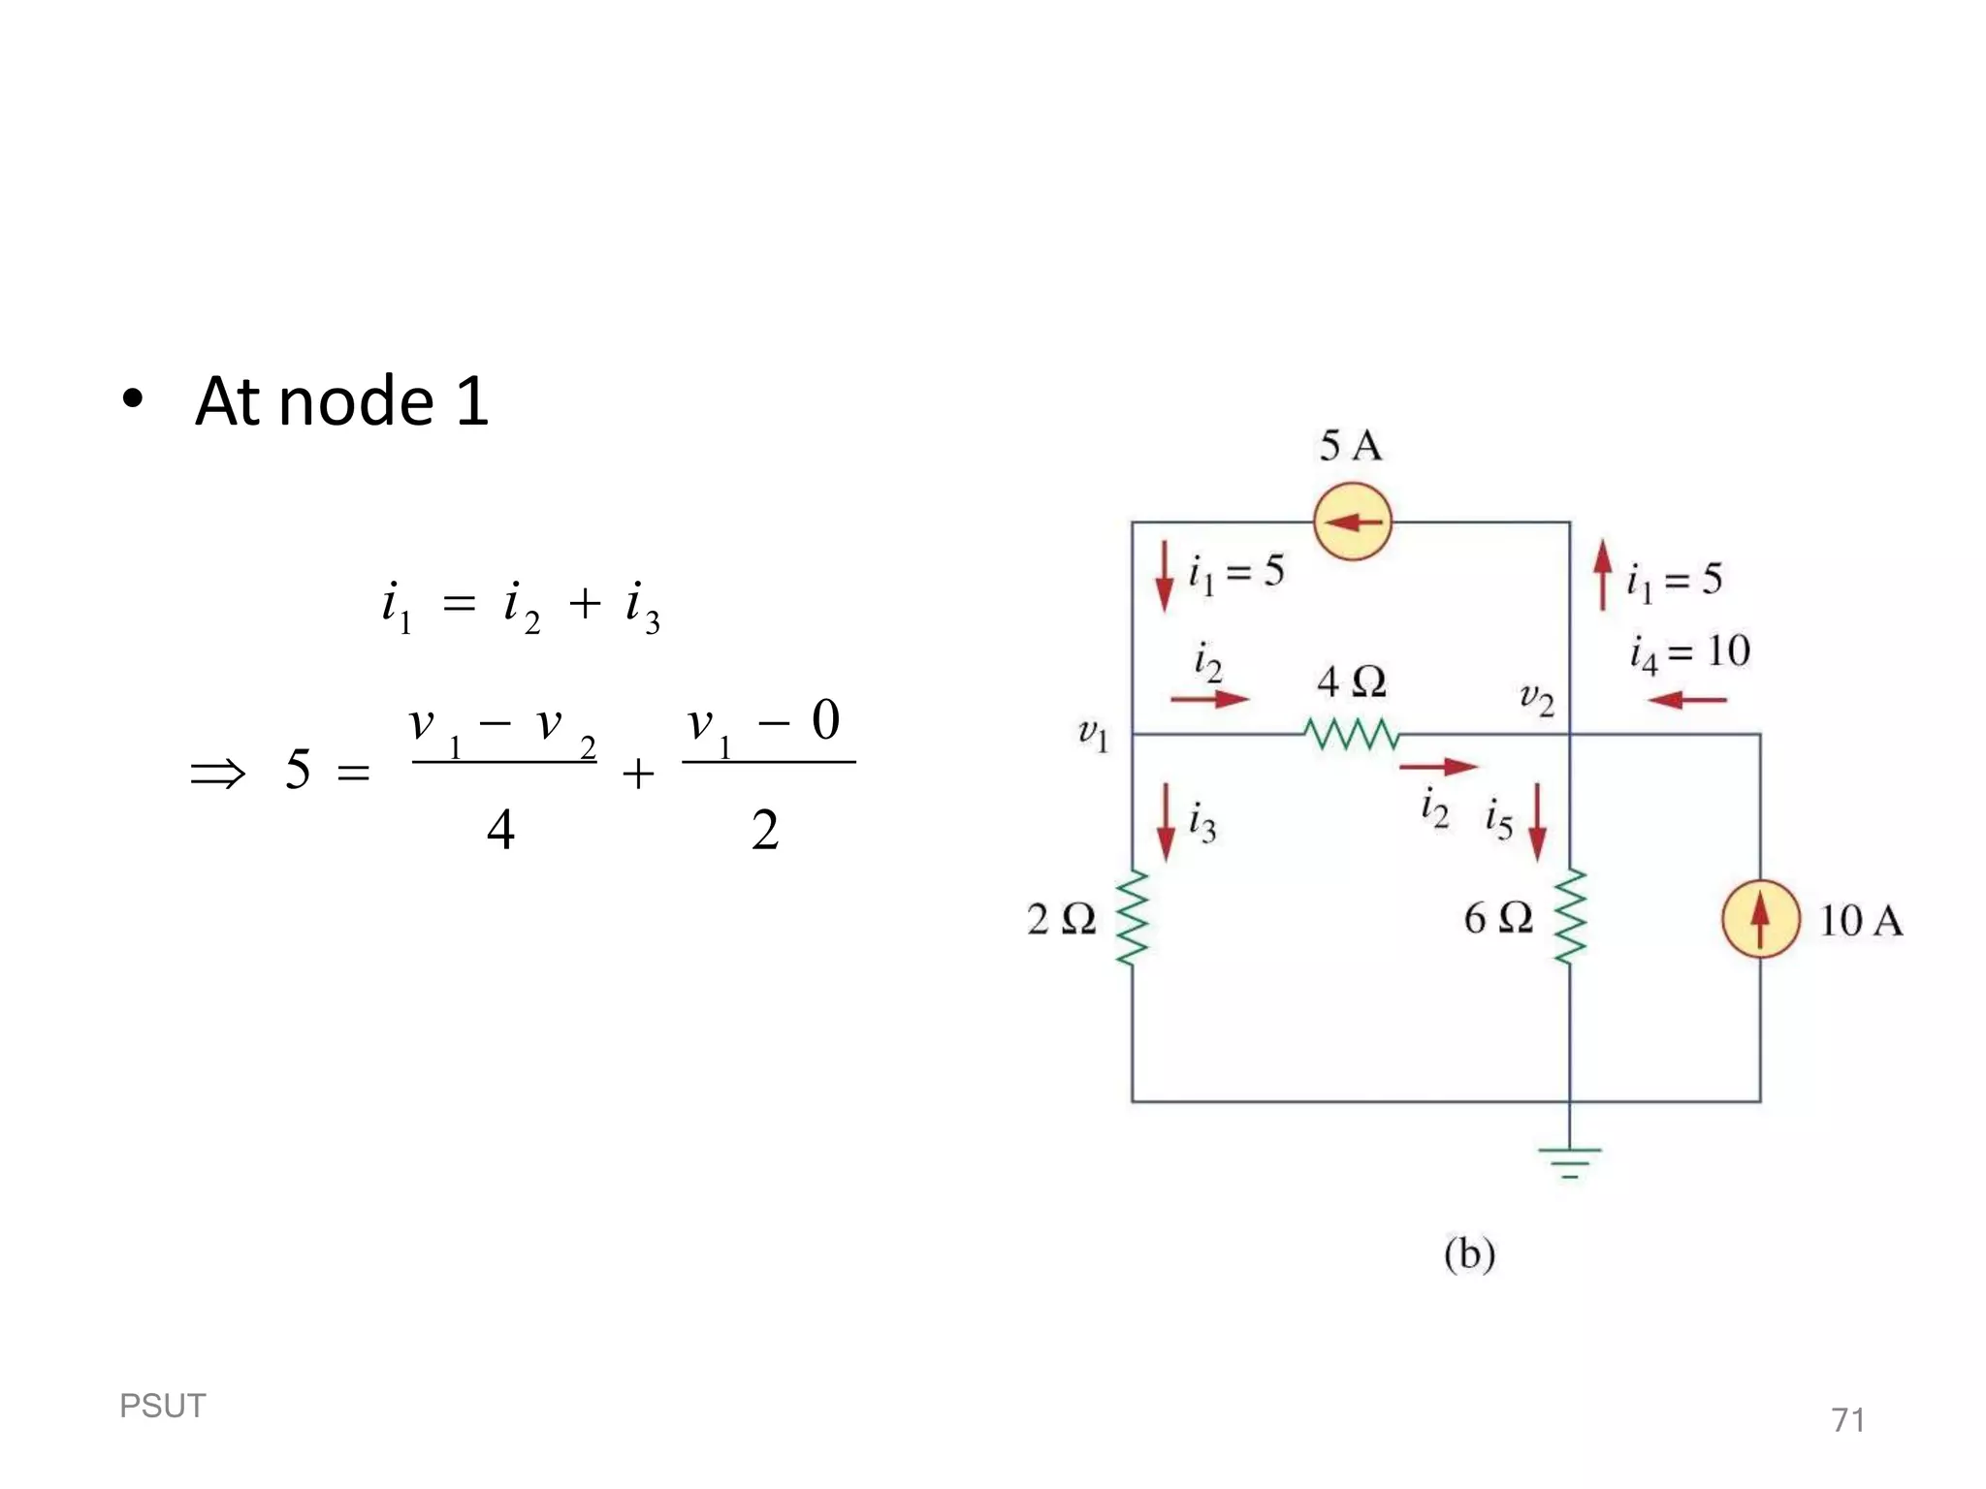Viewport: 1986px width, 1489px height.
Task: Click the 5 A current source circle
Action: click(1353, 522)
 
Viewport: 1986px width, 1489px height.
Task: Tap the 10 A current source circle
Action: click(1760, 919)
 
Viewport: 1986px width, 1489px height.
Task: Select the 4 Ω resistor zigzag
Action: click(1352, 734)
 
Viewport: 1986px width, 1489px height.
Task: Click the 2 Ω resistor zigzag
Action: click(1132, 917)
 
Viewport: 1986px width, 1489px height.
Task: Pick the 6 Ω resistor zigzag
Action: click(1570, 917)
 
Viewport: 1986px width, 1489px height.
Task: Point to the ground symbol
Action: click(1570, 1159)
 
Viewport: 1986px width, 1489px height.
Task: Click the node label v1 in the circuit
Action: click(1093, 734)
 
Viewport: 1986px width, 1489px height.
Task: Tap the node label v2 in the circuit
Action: click(1536, 697)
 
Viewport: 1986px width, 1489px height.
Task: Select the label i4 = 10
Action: click(1689, 652)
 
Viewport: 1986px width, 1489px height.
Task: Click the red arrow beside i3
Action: click(1166, 823)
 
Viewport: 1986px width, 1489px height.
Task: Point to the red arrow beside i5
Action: click(1537, 823)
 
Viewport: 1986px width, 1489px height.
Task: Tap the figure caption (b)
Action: click(1469, 1253)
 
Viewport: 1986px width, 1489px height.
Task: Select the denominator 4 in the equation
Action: click(500, 830)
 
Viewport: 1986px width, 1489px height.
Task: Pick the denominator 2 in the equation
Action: click(764, 830)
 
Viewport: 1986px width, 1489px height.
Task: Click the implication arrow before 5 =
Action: click(218, 774)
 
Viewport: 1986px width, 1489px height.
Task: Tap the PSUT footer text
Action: click(162, 1406)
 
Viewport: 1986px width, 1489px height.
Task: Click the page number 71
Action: click(1847, 1420)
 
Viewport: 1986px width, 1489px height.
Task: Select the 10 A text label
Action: click(1860, 921)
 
